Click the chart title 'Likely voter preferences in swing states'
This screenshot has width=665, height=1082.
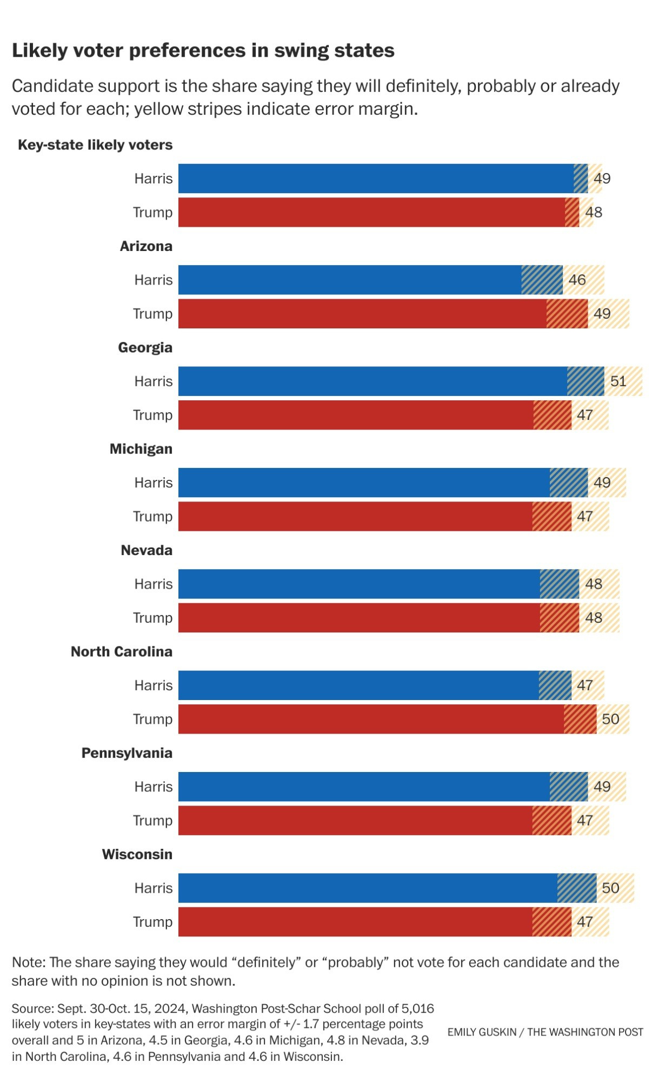coord(203,50)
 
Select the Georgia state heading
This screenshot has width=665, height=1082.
coord(145,347)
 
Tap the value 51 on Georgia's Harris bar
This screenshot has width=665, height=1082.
coord(618,381)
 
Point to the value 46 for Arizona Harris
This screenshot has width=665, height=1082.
coord(577,280)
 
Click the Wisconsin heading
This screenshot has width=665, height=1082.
coord(137,854)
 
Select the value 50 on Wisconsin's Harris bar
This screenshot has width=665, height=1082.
coord(610,888)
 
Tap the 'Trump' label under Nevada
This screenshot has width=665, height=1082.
coord(152,618)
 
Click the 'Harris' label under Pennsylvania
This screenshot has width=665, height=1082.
coord(154,787)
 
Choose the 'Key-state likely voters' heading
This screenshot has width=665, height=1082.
coord(95,145)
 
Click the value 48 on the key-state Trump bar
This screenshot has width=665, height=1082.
coord(593,212)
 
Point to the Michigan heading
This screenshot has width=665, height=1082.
coord(141,449)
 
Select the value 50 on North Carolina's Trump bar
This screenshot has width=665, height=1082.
coord(610,719)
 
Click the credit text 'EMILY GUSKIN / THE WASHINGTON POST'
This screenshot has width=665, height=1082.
coord(545,1032)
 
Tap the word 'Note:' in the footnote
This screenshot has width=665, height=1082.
coord(29,962)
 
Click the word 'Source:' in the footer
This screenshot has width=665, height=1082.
coord(32,1008)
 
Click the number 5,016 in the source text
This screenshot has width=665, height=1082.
coord(418,1008)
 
